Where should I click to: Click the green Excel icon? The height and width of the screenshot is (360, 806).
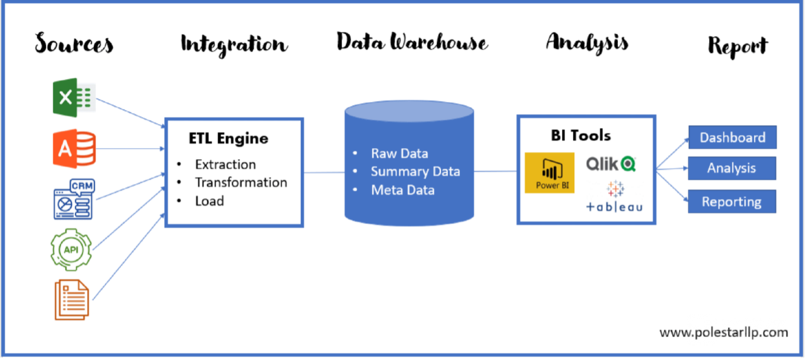coord(74,97)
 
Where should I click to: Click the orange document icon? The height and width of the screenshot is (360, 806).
coord(72,299)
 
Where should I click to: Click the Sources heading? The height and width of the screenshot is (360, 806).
coord(74,44)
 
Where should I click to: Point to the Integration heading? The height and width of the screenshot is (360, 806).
coord(234,44)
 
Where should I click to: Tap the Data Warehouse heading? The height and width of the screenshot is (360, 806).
coord(412,42)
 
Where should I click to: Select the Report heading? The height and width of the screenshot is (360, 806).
coord(738,46)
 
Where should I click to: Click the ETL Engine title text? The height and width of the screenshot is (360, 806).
coord(228,139)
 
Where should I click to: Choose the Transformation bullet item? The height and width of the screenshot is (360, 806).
coord(241,182)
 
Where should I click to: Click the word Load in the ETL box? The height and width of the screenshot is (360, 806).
coord(209,201)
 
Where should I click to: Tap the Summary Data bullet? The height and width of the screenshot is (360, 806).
coord(415,172)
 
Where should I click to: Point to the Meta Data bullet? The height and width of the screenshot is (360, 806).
coord(402,190)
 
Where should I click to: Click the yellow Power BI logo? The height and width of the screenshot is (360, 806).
coord(549,173)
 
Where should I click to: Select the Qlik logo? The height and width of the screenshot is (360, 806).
coord(611,163)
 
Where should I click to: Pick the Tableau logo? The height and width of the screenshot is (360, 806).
coord(614,197)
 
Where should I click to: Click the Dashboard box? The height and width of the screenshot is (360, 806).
coord(732,137)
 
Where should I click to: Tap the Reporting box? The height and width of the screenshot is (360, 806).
coord(732,201)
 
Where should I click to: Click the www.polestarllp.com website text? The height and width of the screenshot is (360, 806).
coord(724,332)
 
